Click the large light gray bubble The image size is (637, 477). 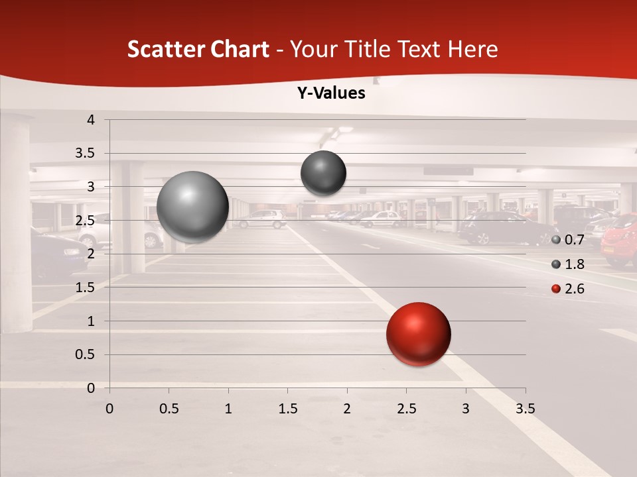(192, 207)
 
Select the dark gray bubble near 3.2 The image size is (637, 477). (323, 173)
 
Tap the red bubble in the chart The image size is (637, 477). (418, 334)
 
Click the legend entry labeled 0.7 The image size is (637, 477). (568, 240)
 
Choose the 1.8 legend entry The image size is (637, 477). (568, 264)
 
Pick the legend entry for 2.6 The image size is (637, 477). (568, 289)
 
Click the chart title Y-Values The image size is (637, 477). (331, 93)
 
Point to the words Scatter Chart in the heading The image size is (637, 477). (198, 49)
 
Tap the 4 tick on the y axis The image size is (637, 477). (92, 120)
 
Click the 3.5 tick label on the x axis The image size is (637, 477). (525, 409)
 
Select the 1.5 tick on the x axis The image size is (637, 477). (287, 409)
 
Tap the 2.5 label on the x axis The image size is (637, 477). (406, 409)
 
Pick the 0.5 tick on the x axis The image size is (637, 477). (169, 409)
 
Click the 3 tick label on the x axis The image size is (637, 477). (466, 409)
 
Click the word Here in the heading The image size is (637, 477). (472, 49)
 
